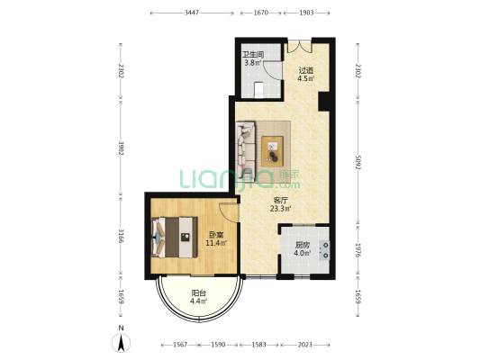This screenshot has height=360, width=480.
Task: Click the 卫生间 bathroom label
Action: (x=253, y=55)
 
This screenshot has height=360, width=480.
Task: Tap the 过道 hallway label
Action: (x=306, y=70)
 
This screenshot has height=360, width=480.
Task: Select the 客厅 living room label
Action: (x=280, y=201)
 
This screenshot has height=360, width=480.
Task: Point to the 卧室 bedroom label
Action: (x=216, y=235)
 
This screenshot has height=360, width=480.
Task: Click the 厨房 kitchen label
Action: (x=303, y=245)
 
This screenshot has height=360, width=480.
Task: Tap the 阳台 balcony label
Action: (x=198, y=293)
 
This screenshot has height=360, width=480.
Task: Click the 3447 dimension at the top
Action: (x=192, y=13)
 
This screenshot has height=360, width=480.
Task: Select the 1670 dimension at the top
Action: (x=261, y=13)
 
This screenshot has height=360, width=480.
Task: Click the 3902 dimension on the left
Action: (x=121, y=148)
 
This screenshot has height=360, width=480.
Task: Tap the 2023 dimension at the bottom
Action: (x=305, y=345)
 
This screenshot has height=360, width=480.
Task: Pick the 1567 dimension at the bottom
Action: (x=180, y=345)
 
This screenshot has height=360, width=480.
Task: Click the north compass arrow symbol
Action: (x=122, y=343)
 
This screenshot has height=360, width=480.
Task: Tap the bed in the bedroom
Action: (x=175, y=238)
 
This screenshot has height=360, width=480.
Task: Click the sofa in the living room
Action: (x=246, y=148)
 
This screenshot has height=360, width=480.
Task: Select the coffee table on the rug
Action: (x=272, y=151)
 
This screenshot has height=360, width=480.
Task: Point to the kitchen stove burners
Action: (x=324, y=250)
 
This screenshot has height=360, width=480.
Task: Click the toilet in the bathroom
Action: (x=259, y=90)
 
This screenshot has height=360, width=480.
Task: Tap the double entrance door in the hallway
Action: (x=300, y=46)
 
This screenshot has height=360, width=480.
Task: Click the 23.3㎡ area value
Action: (x=280, y=209)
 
